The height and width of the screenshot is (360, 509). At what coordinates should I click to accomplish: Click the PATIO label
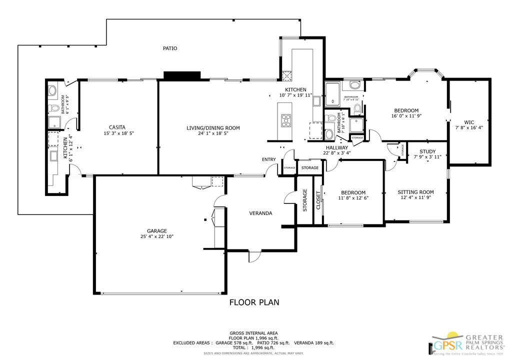click(x=170, y=48)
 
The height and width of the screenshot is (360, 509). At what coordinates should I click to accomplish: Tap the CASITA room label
click(x=117, y=127)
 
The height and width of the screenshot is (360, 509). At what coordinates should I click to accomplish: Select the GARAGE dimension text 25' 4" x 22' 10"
click(x=156, y=236)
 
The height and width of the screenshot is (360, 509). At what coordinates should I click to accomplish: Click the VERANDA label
click(x=260, y=213)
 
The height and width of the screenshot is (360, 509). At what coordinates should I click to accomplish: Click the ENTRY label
click(x=268, y=159)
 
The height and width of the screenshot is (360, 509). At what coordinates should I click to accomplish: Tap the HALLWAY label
click(x=336, y=147)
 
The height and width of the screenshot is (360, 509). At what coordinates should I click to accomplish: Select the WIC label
click(x=468, y=122)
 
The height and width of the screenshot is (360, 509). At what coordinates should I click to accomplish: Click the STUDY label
click(x=427, y=151)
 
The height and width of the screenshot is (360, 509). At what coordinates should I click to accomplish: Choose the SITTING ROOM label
click(x=415, y=192)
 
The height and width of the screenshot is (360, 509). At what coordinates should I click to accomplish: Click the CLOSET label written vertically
click(x=318, y=200)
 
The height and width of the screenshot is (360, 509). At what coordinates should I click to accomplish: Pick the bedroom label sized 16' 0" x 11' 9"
click(x=406, y=110)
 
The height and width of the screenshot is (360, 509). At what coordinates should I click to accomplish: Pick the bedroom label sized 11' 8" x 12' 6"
click(x=353, y=192)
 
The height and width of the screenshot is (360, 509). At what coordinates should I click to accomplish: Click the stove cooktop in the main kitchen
click(x=286, y=120)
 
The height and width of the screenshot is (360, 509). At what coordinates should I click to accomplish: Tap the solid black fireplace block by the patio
click(x=182, y=75)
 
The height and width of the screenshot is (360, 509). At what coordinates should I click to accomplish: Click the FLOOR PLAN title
click(x=254, y=302)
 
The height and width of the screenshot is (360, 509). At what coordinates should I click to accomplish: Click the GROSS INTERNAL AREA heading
click(x=253, y=333)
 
